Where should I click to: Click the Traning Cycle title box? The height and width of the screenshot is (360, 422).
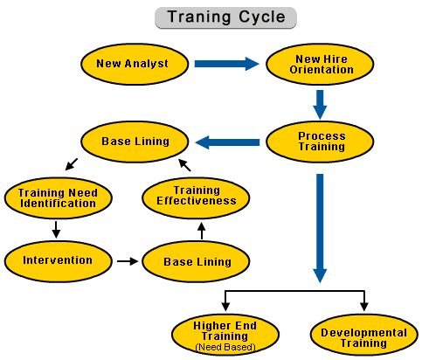pos(225,17)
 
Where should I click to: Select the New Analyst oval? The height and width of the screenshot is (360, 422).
pos(135,64)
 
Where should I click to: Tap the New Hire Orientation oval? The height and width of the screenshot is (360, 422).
pos(320,64)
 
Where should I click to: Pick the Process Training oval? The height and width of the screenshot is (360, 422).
pos(320,142)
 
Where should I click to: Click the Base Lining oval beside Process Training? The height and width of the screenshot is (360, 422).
pos(135,142)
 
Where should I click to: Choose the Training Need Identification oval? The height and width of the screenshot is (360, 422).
pos(59,198)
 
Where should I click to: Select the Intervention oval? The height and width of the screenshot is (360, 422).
pos(59,261)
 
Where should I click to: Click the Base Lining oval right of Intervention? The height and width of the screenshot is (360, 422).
pos(196,261)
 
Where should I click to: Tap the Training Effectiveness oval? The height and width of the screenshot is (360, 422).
pos(196,198)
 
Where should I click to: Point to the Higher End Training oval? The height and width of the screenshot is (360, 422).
pos(225,335)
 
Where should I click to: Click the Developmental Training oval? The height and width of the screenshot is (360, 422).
pos(364,335)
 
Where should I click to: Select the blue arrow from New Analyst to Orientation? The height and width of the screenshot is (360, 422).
pos(227,64)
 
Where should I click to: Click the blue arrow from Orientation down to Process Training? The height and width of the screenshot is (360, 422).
pos(320,105)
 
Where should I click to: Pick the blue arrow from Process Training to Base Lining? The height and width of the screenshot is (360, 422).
pos(227,142)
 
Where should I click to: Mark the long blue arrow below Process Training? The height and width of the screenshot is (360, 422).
pos(320,228)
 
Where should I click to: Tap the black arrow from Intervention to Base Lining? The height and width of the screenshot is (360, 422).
pos(128,261)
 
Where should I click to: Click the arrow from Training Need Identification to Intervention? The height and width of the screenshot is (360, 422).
pos(56,230)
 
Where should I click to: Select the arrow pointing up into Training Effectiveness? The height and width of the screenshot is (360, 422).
pos(202,231)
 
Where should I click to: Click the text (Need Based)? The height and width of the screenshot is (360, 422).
pos(225,347)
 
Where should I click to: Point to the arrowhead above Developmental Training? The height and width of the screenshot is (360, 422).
pos(364,307)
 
